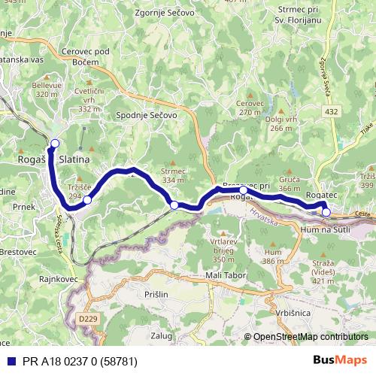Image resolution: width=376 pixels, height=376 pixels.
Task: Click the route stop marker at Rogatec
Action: tap(326, 212)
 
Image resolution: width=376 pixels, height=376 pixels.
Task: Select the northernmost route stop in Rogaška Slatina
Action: tap(54, 142)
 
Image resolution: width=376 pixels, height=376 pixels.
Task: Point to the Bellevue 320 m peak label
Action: tap(47, 89)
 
